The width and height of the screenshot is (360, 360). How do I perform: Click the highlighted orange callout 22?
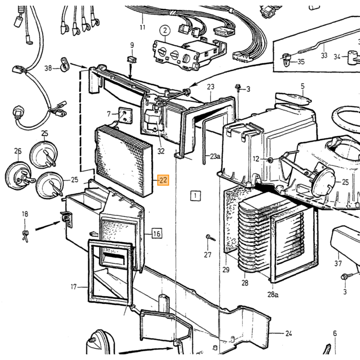(163, 180)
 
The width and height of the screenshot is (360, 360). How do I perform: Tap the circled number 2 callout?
(165, 30)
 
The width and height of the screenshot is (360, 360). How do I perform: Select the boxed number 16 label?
(156, 233)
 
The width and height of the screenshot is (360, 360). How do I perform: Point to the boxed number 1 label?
(195, 196)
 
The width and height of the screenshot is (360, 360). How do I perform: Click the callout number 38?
(48, 68)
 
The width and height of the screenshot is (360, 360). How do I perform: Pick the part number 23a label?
(215, 156)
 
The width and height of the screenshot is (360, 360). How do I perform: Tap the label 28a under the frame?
(273, 294)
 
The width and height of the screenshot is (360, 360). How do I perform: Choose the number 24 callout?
(289, 333)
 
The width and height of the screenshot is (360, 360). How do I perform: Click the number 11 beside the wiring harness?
(142, 27)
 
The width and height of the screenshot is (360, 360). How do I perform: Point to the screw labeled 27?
(210, 238)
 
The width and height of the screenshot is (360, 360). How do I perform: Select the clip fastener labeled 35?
(285, 60)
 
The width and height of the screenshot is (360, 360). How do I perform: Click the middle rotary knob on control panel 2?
(175, 55)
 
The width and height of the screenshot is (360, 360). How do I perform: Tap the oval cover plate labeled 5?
(293, 98)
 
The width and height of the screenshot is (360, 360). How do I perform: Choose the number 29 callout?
(226, 269)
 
